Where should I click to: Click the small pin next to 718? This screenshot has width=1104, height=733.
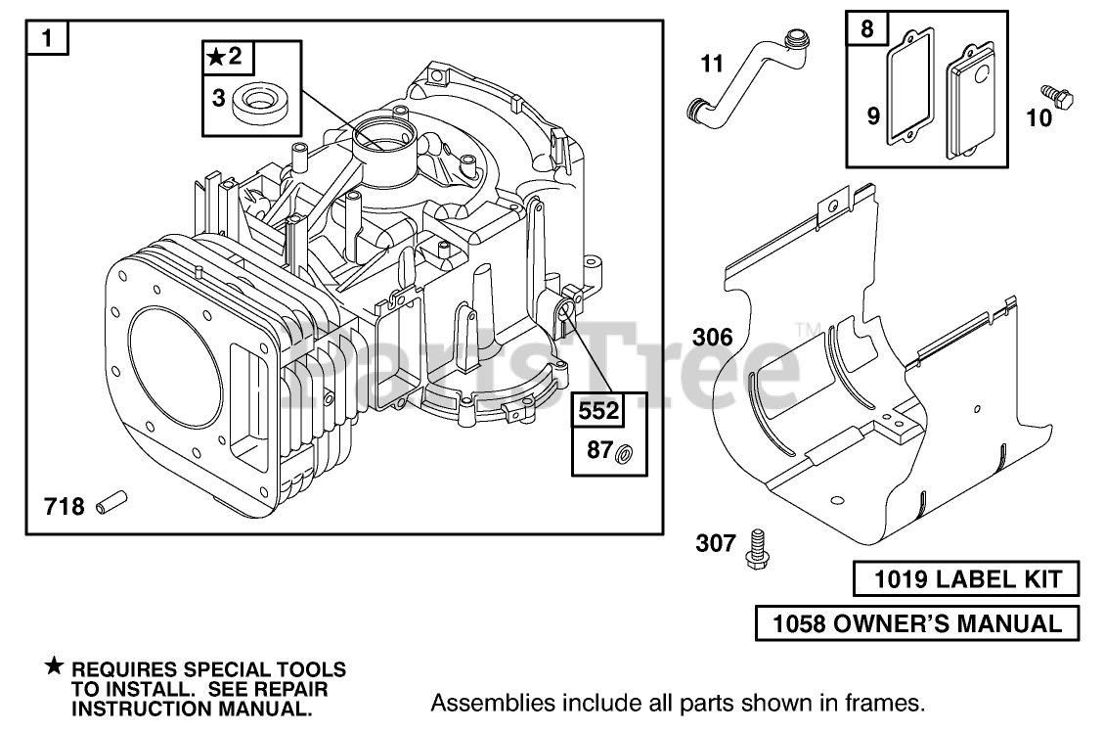click(112, 506)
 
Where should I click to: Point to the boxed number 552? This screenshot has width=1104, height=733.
click(597, 411)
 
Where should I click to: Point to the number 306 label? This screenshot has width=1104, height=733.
click(712, 338)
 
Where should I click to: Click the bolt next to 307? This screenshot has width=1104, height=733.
click(756, 545)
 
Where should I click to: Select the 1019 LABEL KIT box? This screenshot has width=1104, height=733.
click(965, 580)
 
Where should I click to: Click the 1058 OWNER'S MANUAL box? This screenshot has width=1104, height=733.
click(917, 622)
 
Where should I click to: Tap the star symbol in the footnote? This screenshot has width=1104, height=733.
click(54, 667)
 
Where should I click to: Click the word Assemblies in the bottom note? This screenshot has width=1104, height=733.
click(481, 703)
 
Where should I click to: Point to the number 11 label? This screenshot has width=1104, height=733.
click(712, 65)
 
